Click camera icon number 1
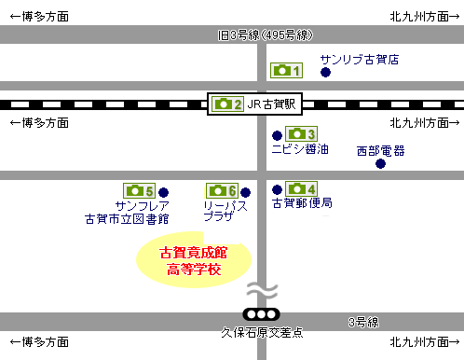click(286, 71)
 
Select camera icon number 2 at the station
click(227, 104)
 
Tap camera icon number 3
click(301, 134)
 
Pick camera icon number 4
click(301, 188)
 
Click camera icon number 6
click(222, 190)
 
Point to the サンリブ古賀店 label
click(359, 59)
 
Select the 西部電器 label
click(380, 149)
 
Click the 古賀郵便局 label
click(302, 202)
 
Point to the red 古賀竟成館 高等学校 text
click(193, 261)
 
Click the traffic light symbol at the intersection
click(260, 314)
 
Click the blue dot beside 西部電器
click(380, 164)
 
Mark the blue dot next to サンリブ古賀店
click(324, 72)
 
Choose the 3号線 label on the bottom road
click(362, 323)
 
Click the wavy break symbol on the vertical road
click(261, 290)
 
